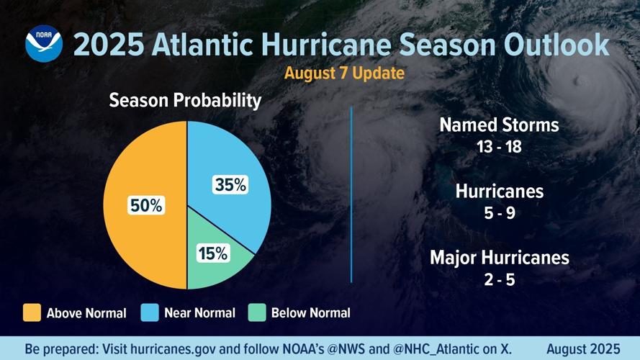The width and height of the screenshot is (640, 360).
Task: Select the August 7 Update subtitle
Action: pyautogui.click(x=344, y=73)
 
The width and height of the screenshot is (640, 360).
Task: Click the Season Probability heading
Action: pyautogui.click(x=185, y=101)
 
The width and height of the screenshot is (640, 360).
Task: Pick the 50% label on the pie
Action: pyautogui.click(x=146, y=205)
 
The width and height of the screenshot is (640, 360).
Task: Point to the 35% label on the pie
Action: pyautogui.click(x=230, y=185)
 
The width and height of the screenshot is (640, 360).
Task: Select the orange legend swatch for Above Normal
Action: pyautogui.click(x=32, y=312)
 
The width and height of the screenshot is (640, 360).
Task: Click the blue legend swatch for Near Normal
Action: pyautogui.click(x=150, y=312)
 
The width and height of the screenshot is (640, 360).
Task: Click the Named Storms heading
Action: pyautogui.click(x=499, y=125)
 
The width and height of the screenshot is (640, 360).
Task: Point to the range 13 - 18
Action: pyautogui.click(x=499, y=147)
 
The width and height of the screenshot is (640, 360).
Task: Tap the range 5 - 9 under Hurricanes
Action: pyautogui.click(x=499, y=214)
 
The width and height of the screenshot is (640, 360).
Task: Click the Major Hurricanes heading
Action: pyautogui.click(x=499, y=257)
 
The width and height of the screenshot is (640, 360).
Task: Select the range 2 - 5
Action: pyautogui.click(x=499, y=279)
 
